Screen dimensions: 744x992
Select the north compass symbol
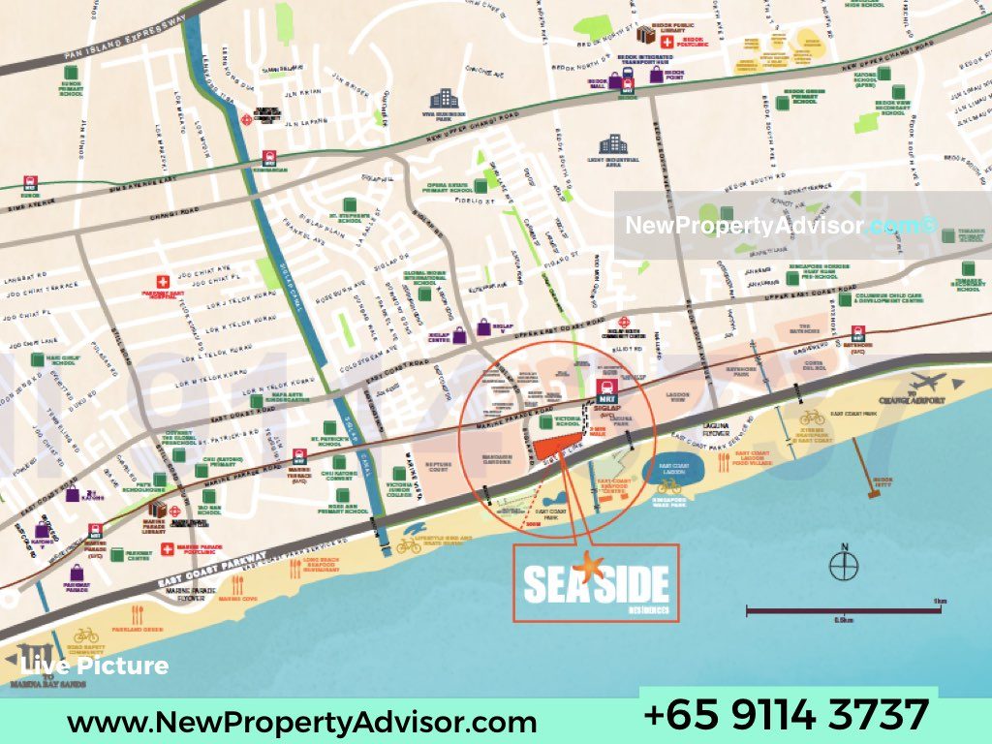click(845, 563)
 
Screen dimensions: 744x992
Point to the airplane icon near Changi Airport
click(927, 381)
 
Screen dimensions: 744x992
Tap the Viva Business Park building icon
click(445, 98)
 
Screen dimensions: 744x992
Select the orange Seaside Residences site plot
click(558, 446)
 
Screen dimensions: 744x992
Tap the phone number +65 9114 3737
click(786, 715)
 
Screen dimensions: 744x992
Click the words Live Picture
click(95, 666)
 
